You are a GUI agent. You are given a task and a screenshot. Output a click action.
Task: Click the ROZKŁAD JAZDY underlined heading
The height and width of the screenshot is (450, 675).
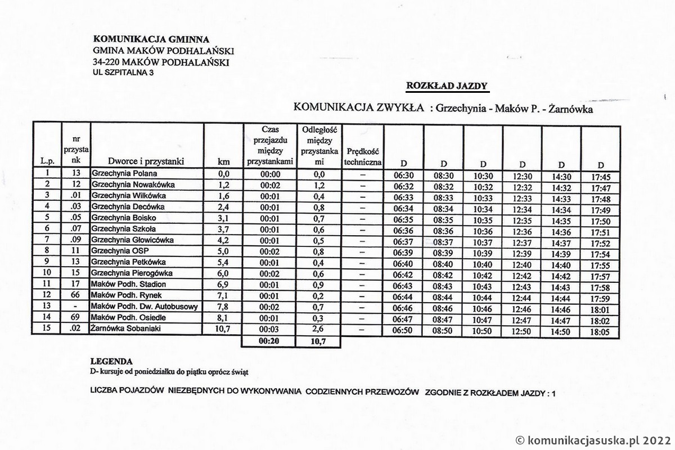(447, 86)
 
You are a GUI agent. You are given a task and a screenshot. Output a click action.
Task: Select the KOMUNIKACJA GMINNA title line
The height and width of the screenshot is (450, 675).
(151, 39)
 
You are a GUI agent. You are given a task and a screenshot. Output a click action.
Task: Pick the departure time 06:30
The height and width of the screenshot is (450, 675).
(403, 176)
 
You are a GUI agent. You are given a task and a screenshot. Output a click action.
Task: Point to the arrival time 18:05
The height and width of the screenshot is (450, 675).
(601, 332)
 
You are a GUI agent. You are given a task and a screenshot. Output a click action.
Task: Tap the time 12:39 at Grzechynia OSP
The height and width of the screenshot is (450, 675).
(522, 254)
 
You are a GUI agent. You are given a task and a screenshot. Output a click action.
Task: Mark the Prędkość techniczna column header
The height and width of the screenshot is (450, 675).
(362, 157)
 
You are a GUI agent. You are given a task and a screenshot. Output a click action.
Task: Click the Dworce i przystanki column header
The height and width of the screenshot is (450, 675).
(146, 162)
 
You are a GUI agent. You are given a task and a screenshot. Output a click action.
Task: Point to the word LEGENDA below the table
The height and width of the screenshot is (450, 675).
(111, 361)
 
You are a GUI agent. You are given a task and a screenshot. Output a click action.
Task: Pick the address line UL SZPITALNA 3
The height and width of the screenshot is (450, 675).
(123, 73)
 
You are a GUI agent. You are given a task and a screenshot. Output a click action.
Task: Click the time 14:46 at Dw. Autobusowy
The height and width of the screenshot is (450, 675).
(561, 309)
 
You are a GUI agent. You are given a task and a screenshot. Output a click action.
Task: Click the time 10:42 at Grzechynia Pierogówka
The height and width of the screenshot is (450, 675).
(483, 276)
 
